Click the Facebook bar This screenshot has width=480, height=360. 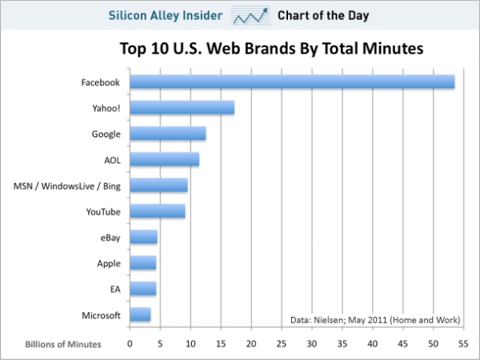(292, 82)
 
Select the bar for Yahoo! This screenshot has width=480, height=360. (182, 107)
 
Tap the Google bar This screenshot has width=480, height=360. (167, 134)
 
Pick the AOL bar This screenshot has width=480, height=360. (164, 159)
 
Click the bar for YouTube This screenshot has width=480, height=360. (157, 211)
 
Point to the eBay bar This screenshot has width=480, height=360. (143, 238)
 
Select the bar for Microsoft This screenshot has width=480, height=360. (140, 315)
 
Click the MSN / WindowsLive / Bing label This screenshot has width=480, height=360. (67, 186)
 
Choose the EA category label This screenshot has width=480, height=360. (114, 290)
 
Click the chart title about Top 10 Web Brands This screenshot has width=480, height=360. (271, 49)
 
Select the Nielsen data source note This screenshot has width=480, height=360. (375, 320)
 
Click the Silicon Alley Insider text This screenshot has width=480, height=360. (166, 14)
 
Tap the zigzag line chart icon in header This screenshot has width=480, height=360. (249, 16)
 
